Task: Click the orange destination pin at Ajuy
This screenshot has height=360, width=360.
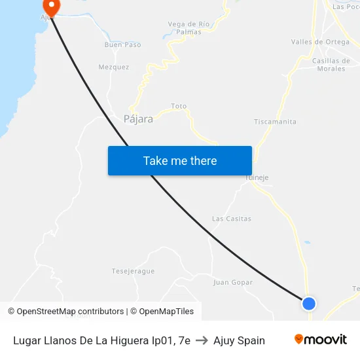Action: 50,6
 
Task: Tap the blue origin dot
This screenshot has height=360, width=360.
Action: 309,303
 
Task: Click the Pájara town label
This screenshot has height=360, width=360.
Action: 138,119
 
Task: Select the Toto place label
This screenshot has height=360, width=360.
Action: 179,106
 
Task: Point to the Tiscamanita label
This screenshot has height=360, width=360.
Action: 275,122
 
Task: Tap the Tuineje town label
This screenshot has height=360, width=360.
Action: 257,177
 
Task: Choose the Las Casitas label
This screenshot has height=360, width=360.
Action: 232,219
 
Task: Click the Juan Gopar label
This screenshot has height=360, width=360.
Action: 233,283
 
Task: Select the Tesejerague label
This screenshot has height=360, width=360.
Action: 133,271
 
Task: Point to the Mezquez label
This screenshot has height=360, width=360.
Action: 114,67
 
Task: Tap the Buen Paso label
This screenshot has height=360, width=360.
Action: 122,45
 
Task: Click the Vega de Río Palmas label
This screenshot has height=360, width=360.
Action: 189,27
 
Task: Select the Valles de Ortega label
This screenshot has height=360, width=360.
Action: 320,42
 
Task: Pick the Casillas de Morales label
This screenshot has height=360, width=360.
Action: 331,65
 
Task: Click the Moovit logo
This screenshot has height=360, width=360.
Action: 321,339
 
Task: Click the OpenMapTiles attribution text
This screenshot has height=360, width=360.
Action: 162,312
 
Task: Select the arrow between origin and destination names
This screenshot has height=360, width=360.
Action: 202,340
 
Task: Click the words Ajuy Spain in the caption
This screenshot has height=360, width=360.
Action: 239,340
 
